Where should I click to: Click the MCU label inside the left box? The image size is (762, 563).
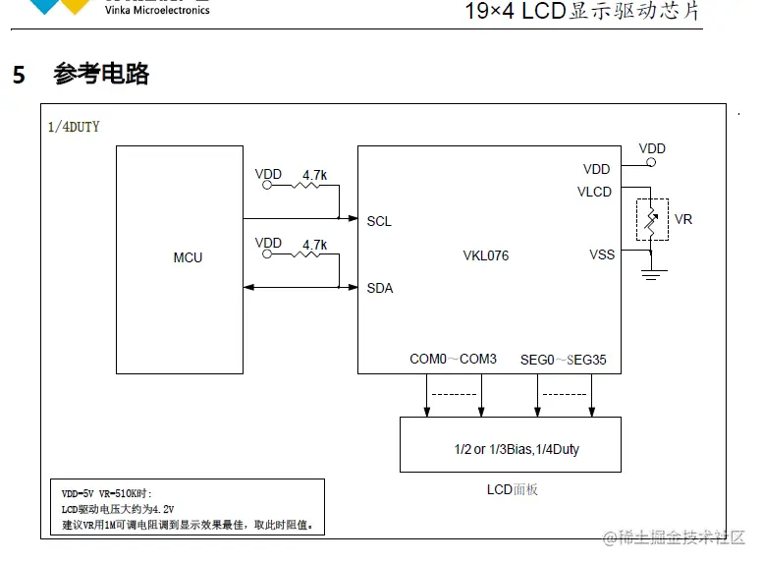pos(188,257)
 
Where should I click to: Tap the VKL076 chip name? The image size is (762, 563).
pos(485,256)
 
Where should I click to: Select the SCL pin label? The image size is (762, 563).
pos(379,221)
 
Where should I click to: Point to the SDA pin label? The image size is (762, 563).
pos(379,288)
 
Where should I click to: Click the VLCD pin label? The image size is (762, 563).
pos(594,192)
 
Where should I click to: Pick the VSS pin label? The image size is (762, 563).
pos(601,254)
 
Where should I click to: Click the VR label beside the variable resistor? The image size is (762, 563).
pos(683,219)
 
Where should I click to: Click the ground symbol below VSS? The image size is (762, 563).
pos(649,272)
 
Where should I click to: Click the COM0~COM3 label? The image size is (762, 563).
pos(453,360)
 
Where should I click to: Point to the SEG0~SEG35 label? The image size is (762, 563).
pos(563,360)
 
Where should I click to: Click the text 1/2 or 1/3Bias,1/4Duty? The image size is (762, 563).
pos(517,449)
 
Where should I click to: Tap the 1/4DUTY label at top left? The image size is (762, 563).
pos(74,127)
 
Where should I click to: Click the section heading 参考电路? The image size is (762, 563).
pos(101,75)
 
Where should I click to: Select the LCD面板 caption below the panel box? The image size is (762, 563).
pos(512,488)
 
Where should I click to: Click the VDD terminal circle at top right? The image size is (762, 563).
pos(649,163)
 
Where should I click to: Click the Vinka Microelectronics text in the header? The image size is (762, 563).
pos(157,10)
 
